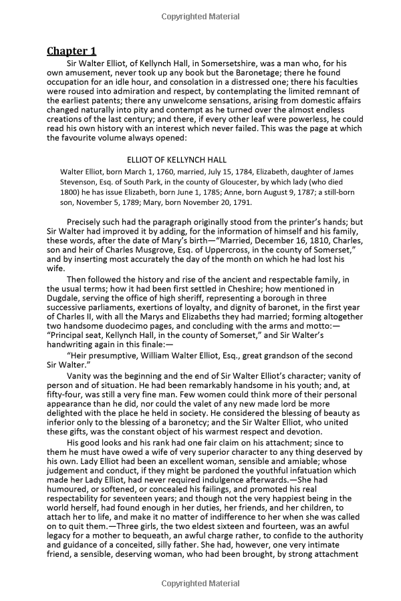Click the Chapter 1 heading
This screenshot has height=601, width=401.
tap(72, 51)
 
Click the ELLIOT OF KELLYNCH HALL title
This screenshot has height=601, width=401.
tap(176, 160)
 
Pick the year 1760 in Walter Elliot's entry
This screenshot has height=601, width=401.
tap(156, 171)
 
